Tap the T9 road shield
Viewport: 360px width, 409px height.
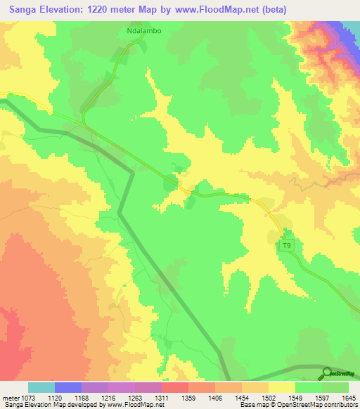[285, 245]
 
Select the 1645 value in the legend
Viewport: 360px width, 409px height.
[349, 398]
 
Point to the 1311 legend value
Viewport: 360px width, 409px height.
[160, 398]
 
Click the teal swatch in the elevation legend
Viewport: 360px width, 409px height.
[41, 387]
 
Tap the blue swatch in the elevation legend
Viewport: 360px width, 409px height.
[68, 387]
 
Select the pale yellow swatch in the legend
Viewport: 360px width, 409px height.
[282, 387]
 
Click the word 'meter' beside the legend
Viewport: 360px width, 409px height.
[9, 398]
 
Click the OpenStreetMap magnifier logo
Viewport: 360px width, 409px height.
[326, 374]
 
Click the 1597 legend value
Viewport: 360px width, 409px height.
[321, 398]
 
